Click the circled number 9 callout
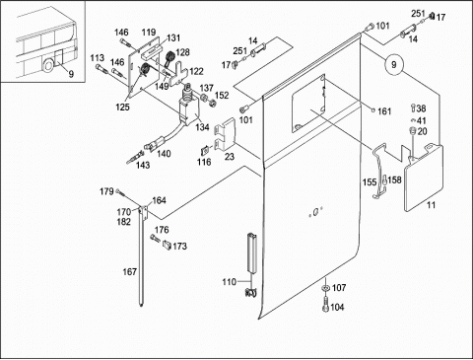pos(394,65)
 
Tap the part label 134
pos(202,127)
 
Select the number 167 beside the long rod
pos(129,272)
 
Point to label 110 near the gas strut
pos(229,282)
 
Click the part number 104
pos(337,307)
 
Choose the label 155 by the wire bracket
pos(370,181)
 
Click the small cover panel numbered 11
pos(424,178)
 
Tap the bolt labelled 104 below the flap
pos(325,304)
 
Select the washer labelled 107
pos(325,288)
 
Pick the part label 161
pos(384,111)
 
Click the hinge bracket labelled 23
pos(225,133)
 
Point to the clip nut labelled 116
pos(205,150)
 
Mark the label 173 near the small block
pos(179,246)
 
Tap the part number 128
pos(182,52)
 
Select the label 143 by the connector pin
pos(143,165)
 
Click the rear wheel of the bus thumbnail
pos(47,66)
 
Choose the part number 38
pos(421,108)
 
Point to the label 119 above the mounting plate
pos(149,33)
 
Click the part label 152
pos(222,95)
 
